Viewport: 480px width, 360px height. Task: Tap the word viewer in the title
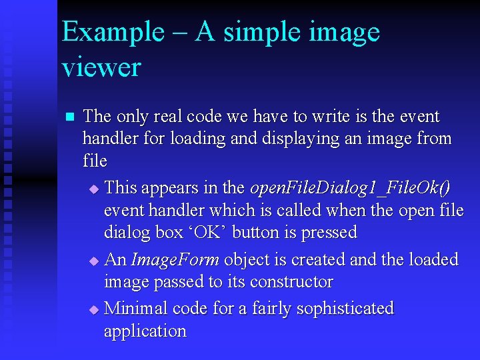(x=101, y=67)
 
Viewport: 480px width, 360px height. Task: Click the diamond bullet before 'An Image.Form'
(x=93, y=261)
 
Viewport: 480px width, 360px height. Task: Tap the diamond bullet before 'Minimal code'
(x=93, y=310)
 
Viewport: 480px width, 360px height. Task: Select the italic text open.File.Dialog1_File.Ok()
(x=350, y=188)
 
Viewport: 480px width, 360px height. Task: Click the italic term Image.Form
(x=174, y=259)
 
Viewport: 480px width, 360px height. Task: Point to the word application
(x=145, y=331)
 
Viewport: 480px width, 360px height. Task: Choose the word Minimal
(x=136, y=309)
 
